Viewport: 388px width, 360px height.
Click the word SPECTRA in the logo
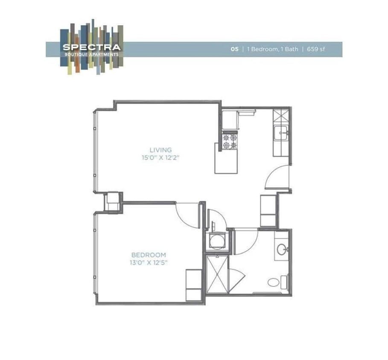91,47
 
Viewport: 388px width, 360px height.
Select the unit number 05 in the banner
234,49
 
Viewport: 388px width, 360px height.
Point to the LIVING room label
160,150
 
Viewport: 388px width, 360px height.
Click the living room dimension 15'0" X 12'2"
160,157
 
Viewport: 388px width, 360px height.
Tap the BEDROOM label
149,255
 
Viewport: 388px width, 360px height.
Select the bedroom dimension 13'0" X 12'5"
149,262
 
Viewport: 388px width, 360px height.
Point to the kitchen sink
282,133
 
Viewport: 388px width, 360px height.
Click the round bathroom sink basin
282,250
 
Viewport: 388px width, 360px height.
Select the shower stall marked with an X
217,273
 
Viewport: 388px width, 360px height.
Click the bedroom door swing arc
187,214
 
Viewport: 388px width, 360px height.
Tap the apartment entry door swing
277,177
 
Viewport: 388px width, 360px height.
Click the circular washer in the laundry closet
216,241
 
